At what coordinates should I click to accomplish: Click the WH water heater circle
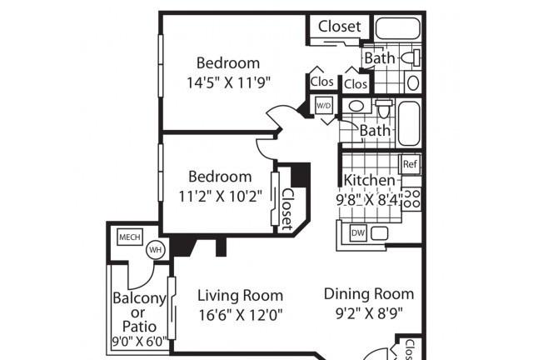[156, 250]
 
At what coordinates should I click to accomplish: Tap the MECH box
[130, 237]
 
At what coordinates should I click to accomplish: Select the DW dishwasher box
[358, 233]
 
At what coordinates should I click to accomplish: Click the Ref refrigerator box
[410, 164]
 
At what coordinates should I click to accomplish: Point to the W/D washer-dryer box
[323, 106]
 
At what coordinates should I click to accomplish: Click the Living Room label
[241, 295]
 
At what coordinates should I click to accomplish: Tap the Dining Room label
[369, 294]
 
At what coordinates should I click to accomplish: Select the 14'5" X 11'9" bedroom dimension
[228, 82]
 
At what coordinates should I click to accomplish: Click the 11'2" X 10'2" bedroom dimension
[220, 197]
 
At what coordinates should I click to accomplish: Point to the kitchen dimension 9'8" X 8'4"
[369, 199]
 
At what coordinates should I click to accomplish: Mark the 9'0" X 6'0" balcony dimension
[140, 342]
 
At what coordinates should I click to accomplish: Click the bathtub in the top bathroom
[398, 28]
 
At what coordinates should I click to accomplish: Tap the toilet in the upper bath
[411, 57]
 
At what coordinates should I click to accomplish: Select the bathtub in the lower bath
[409, 123]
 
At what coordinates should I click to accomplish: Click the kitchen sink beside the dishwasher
[379, 234]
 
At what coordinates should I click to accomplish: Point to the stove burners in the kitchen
[412, 198]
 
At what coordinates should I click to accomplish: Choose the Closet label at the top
[339, 26]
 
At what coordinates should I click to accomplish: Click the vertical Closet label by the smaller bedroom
[287, 209]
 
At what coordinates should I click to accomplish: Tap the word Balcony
[139, 298]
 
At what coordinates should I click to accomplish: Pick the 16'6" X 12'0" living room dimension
[241, 315]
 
